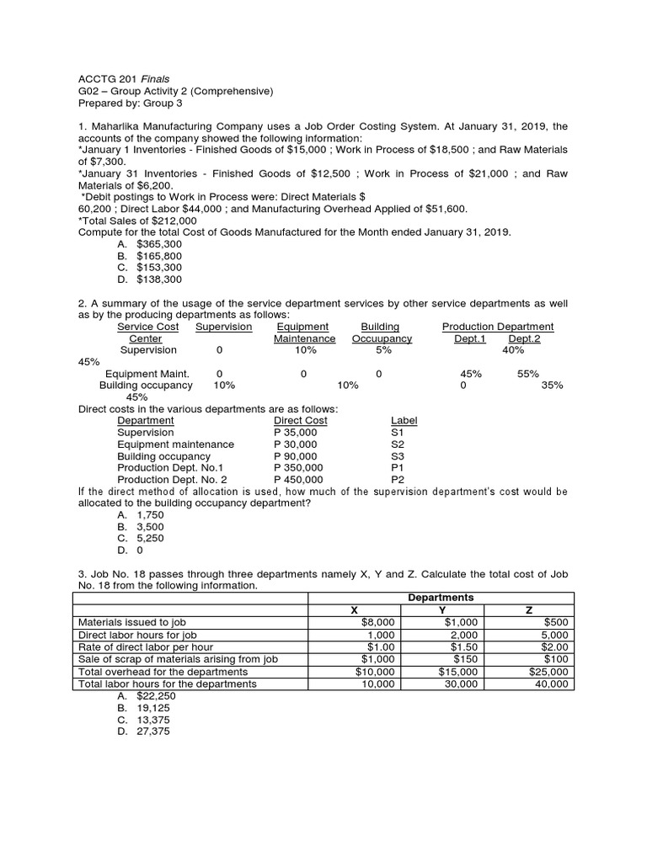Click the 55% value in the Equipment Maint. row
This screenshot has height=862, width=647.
[x=527, y=374]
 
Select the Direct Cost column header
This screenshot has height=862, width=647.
[x=301, y=420]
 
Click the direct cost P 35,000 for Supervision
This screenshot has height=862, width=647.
[x=296, y=432]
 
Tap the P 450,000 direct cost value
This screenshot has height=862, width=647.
[x=299, y=479]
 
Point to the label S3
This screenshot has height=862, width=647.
[x=398, y=455]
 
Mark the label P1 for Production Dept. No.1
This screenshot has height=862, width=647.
[x=398, y=467]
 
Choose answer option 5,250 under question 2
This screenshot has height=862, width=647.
[x=152, y=538]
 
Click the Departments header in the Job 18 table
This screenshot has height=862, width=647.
[x=441, y=598]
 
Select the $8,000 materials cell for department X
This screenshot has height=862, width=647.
[x=377, y=622]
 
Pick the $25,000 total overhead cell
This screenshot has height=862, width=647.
[x=548, y=672]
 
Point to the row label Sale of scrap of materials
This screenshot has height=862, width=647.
[x=177, y=659]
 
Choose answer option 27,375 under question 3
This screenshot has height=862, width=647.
[x=152, y=732]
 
